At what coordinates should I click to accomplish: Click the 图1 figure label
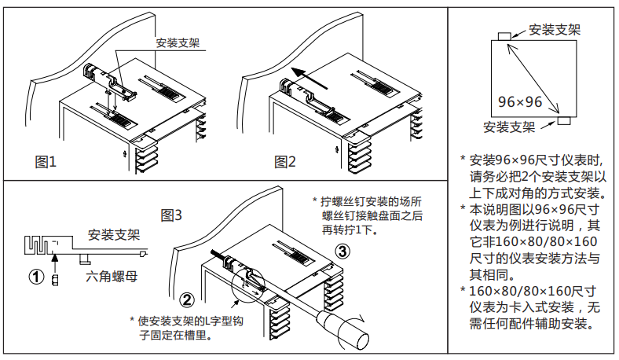tap(46, 162)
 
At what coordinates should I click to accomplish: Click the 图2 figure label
tap(285, 162)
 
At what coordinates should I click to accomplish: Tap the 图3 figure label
tap(171, 214)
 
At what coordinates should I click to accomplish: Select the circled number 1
tap(35, 277)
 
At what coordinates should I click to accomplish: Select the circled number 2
tap(187, 299)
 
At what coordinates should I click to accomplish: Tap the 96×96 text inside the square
tap(521, 102)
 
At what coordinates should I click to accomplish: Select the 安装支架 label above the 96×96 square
tap(555, 30)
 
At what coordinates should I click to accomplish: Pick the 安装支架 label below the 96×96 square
tap(509, 126)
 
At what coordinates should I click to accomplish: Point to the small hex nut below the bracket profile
tap(55, 280)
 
